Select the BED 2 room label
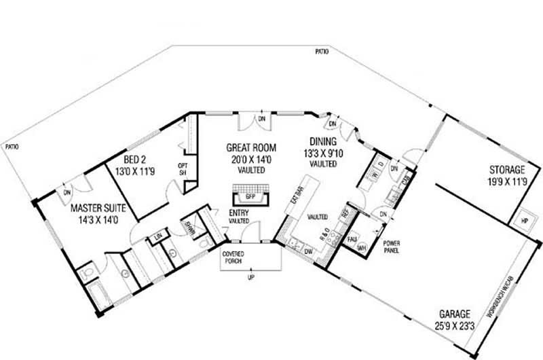[x=135, y=161]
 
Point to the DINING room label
[x=322, y=144]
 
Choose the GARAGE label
[x=454, y=314]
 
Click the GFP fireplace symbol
[x=250, y=197]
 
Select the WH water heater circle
[x=361, y=247]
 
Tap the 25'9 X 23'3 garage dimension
[x=454, y=325]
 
